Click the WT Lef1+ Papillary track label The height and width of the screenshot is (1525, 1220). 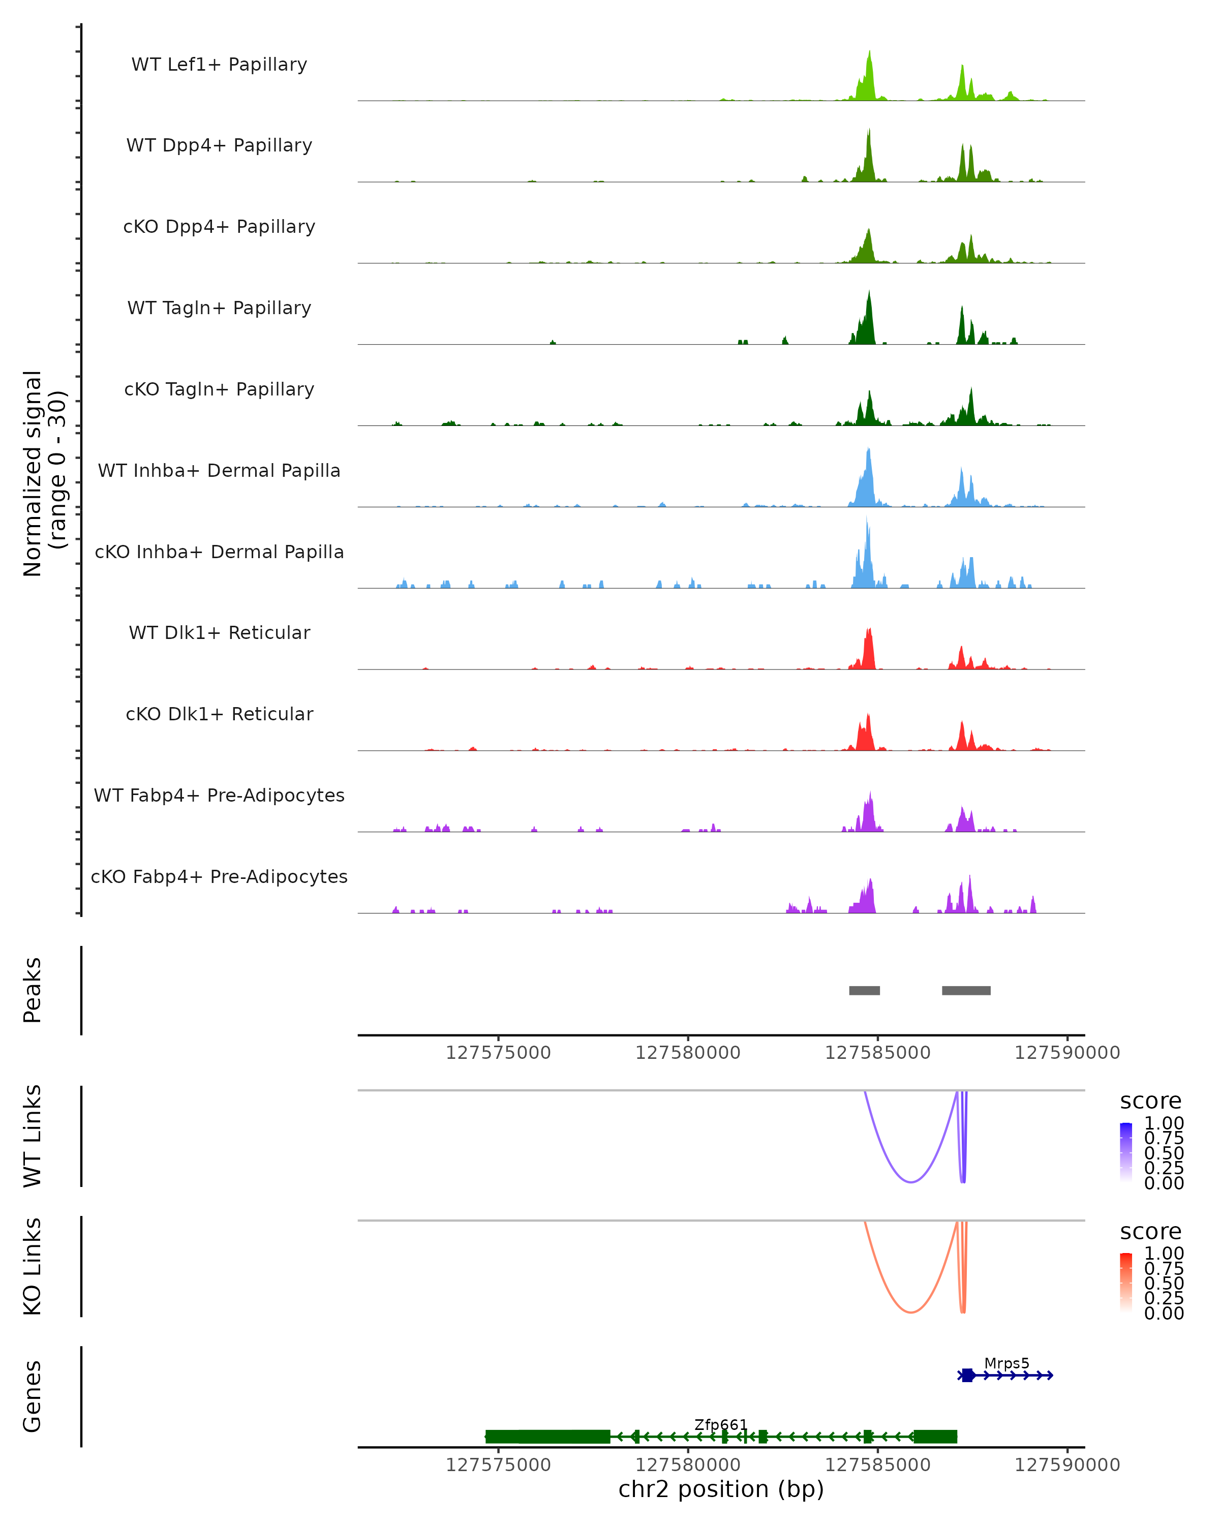coord(219,65)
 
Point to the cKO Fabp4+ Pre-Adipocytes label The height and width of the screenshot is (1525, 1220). coord(219,876)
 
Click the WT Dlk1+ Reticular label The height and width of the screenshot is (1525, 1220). coord(219,632)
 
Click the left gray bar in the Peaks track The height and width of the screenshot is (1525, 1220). coord(864,990)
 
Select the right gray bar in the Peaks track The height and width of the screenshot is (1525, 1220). coord(966,990)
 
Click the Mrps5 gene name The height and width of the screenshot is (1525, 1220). coord(1006,1363)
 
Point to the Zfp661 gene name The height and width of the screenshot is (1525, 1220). coord(721,1424)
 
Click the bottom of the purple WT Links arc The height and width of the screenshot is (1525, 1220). coord(911,1181)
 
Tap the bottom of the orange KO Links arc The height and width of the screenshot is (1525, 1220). coord(911,1312)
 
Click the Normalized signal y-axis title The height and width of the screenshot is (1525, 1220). coord(44,473)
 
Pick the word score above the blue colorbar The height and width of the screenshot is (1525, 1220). coord(1151,1102)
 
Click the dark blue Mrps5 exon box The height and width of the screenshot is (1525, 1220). coord(967,1375)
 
